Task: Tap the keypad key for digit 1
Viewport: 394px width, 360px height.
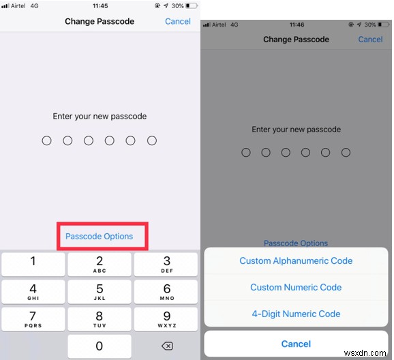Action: click(x=33, y=264)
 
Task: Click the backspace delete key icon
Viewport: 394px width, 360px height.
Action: click(x=166, y=346)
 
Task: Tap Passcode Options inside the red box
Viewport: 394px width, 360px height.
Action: click(x=100, y=237)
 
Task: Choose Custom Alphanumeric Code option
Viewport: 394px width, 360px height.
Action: click(x=296, y=260)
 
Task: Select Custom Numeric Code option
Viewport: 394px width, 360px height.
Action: click(x=296, y=287)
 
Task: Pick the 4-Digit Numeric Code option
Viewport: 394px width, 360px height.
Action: click(x=296, y=314)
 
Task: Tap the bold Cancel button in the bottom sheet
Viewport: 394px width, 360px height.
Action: click(x=296, y=344)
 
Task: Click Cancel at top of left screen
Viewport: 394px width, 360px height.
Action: click(x=178, y=21)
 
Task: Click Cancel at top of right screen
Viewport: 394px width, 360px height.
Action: click(x=370, y=40)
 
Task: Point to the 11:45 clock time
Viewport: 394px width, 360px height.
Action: click(x=100, y=5)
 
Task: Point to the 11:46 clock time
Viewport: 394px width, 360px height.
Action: click(x=296, y=24)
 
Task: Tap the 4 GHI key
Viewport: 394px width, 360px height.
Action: click(x=33, y=292)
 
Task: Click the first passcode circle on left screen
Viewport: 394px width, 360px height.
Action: click(x=46, y=140)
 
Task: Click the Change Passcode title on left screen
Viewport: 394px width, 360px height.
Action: click(x=100, y=21)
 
